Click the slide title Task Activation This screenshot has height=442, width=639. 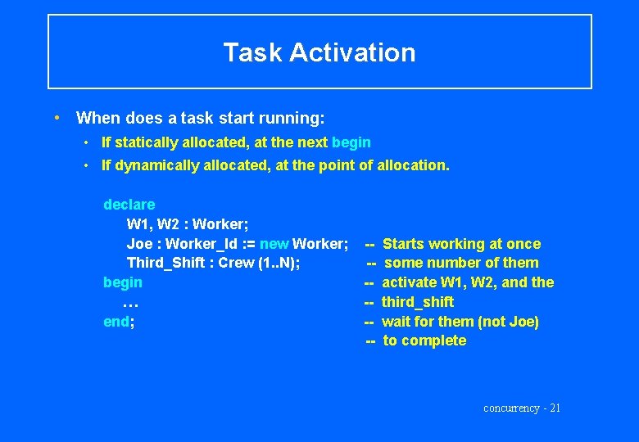pyautogui.click(x=319, y=52)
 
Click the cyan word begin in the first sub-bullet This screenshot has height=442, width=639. pyautogui.click(x=351, y=142)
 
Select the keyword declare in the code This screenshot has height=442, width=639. pyautogui.click(x=129, y=205)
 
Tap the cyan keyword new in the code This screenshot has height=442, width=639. pyautogui.click(x=274, y=244)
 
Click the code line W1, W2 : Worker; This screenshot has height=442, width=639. pyautogui.click(x=188, y=224)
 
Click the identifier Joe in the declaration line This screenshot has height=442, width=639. pyautogui.click(x=139, y=244)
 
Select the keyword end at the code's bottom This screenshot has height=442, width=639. pyautogui.click(x=117, y=322)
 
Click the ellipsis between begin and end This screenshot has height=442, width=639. pyautogui.click(x=129, y=303)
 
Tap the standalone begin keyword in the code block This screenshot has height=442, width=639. pyautogui.click(x=122, y=282)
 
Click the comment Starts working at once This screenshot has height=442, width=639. pyautogui.click(x=461, y=244)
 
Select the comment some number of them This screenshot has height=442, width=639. pyautogui.click(x=461, y=263)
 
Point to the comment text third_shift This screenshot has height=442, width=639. pyautogui.click(x=418, y=302)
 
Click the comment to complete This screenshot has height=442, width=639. pyautogui.click(x=424, y=341)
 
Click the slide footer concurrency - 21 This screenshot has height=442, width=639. pyautogui.click(x=522, y=408)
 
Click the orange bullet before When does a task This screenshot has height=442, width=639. pyautogui.click(x=55, y=118)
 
